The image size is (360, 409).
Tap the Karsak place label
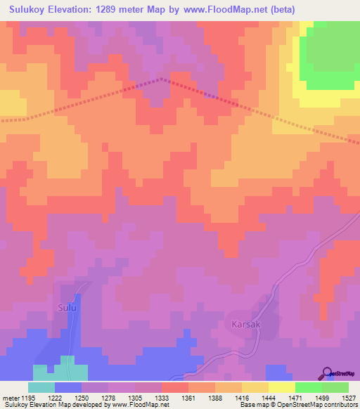click(246, 325)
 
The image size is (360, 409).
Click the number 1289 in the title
click(121, 9)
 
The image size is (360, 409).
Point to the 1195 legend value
click(28, 398)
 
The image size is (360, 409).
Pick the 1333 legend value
click(162, 398)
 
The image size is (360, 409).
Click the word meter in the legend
click(10, 398)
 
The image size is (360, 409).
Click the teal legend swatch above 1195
click(41, 387)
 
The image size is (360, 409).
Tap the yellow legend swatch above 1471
click(281, 387)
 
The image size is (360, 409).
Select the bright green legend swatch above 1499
click(308, 387)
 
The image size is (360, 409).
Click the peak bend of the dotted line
click(163, 79)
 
